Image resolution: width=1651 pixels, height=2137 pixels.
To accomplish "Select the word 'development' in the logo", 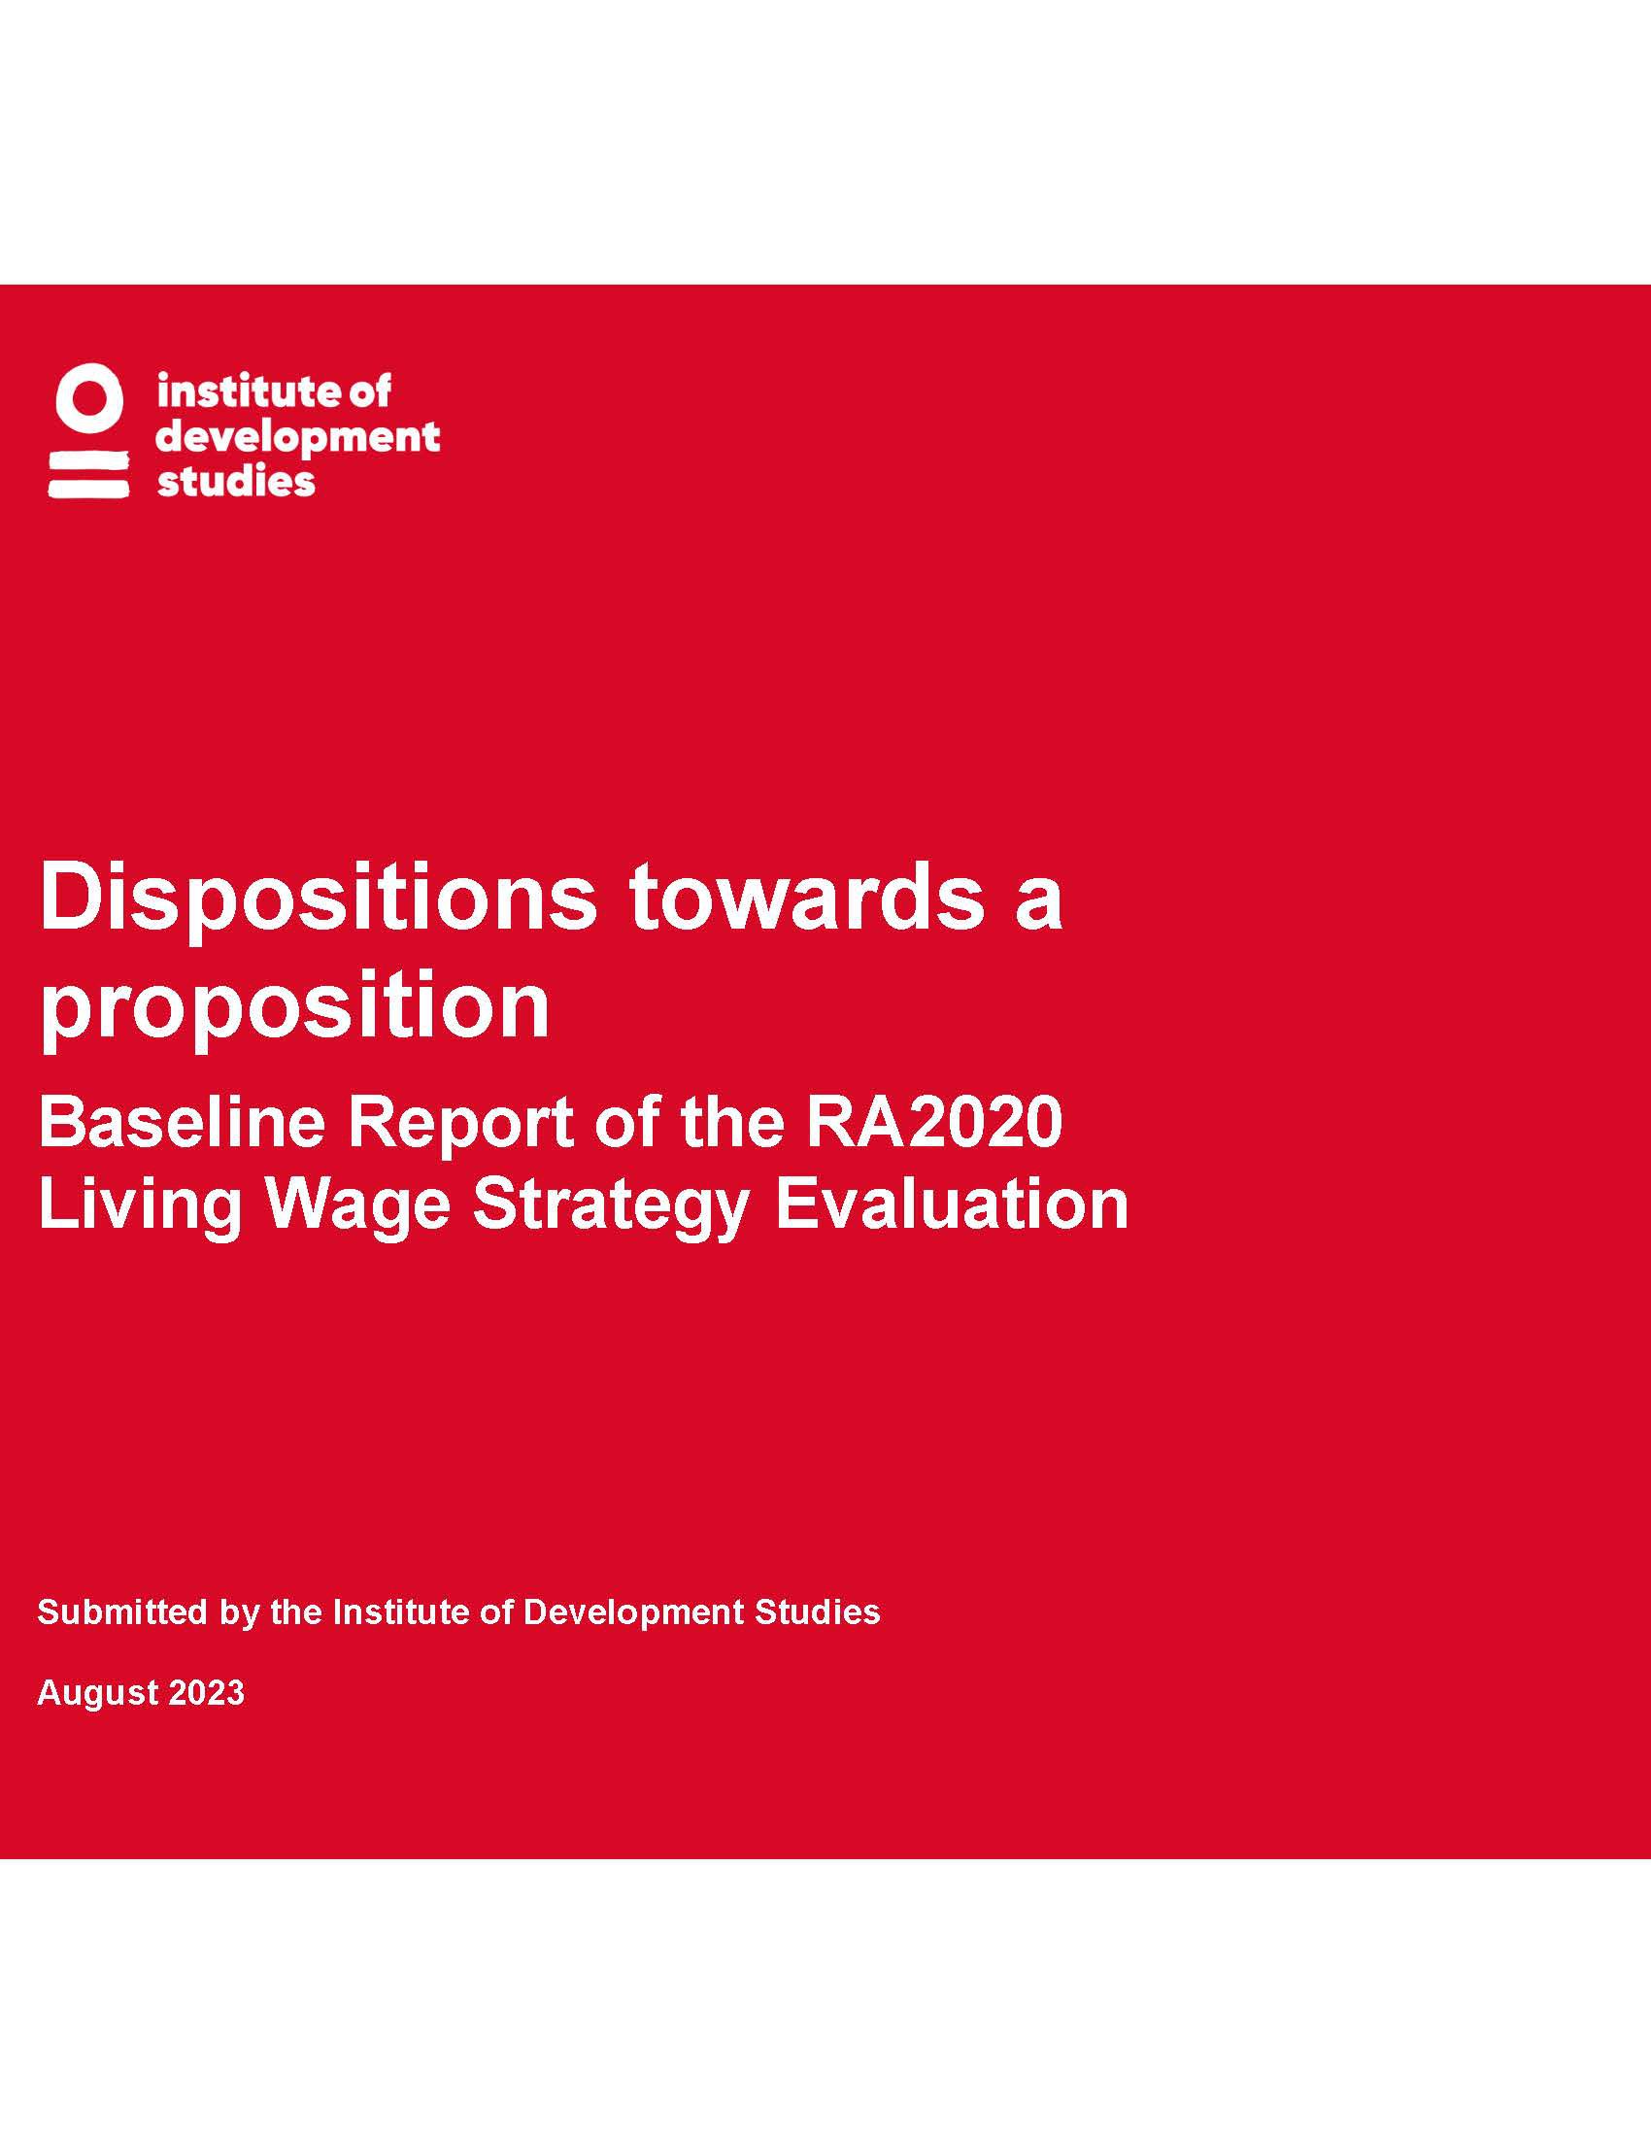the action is click(298, 438).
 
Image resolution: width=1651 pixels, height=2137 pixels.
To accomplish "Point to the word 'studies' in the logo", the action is click(236, 481).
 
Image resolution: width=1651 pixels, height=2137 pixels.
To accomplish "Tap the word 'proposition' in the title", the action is click(294, 1007).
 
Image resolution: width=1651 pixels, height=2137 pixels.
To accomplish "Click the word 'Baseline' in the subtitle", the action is click(181, 1122).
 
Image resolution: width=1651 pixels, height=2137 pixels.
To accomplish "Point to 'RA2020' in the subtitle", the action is click(934, 1122).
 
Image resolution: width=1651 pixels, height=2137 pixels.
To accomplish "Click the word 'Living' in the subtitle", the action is click(140, 1206).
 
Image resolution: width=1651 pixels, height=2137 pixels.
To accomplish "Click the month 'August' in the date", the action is click(98, 1694).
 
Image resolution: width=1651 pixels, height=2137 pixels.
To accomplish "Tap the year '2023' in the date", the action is click(206, 1693).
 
